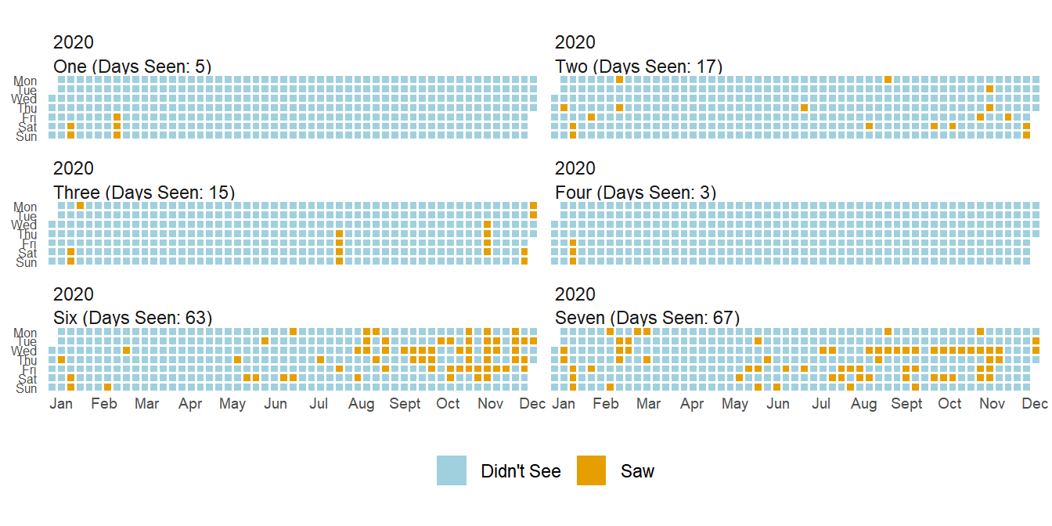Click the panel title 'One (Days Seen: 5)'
(x=132, y=67)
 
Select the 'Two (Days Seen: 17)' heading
(x=639, y=67)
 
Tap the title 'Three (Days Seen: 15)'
(x=144, y=193)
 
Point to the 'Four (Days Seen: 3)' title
(x=636, y=193)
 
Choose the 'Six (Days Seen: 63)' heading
(x=133, y=318)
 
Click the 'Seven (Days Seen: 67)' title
(x=647, y=318)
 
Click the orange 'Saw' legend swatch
(x=591, y=470)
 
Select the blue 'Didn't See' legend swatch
(x=452, y=470)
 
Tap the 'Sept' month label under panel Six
(x=405, y=404)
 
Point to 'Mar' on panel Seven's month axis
(x=648, y=404)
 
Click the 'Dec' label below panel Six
(x=532, y=404)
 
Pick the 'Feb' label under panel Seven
(x=605, y=404)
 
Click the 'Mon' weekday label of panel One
(x=25, y=81)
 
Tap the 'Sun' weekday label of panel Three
(x=27, y=262)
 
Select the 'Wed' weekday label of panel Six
(x=23, y=351)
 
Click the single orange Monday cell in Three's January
(x=80, y=206)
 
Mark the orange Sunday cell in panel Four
(x=573, y=261)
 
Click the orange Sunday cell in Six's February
(x=107, y=387)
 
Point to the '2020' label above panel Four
(x=575, y=168)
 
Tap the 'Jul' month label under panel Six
(x=319, y=404)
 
